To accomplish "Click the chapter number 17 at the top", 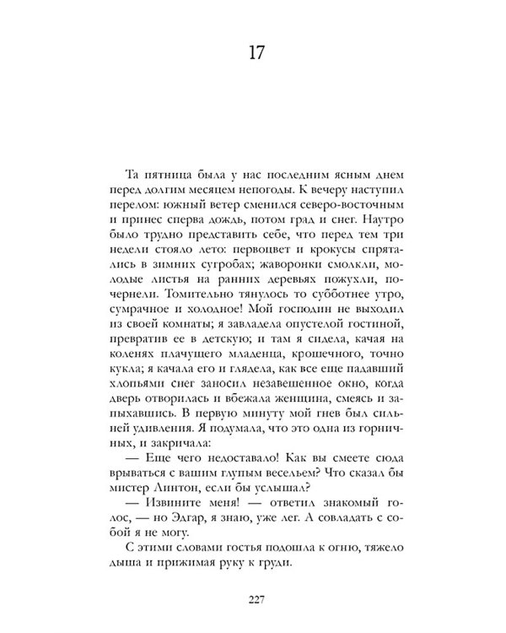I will click(x=258, y=51).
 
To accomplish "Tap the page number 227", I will click(x=258, y=601).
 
